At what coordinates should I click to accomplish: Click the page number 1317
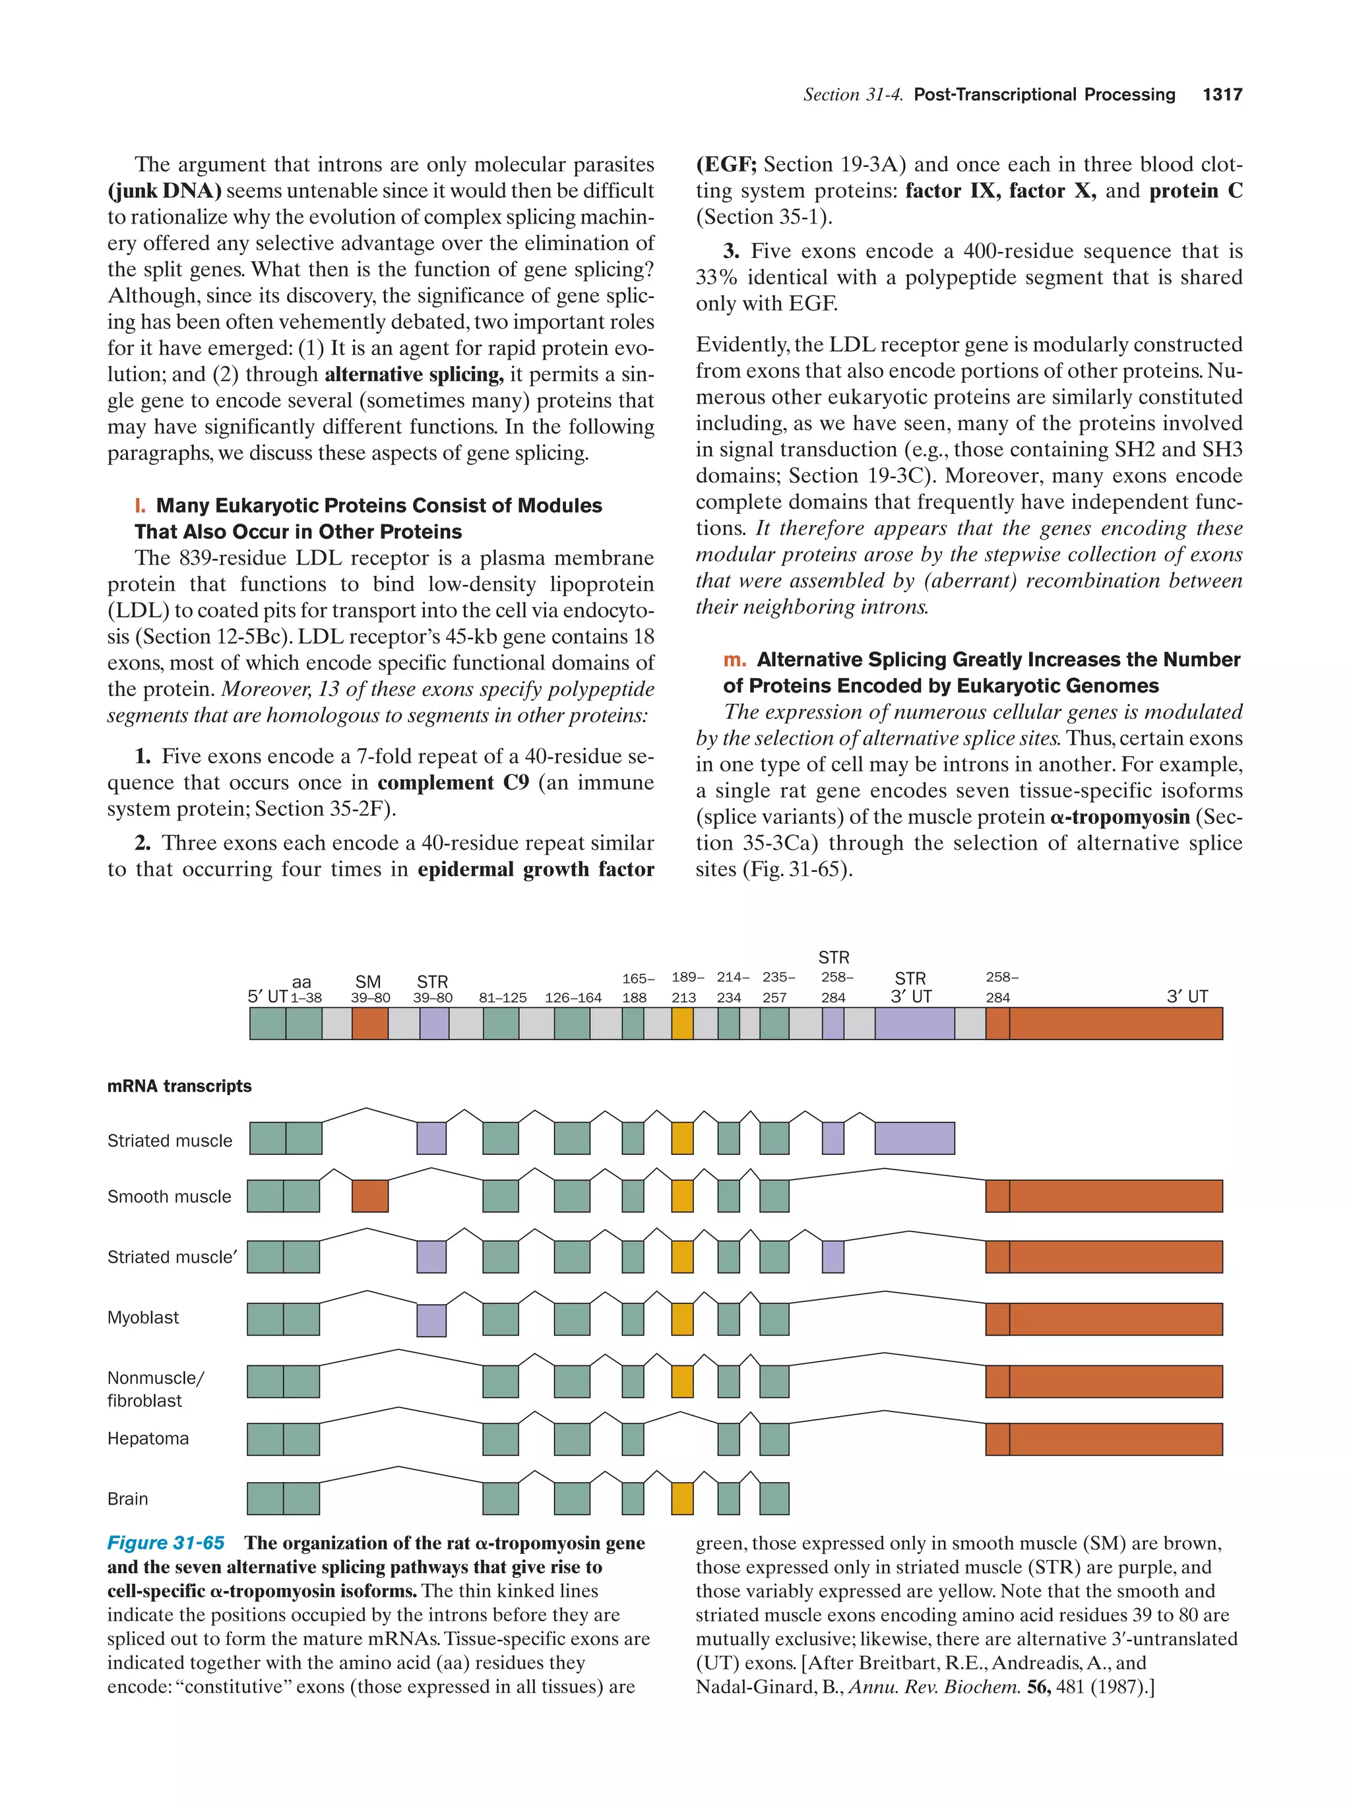(x=1222, y=95)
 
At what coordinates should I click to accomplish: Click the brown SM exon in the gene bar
(x=369, y=1023)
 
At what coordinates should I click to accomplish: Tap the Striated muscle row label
(x=170, y=1140)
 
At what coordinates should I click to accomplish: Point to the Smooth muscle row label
(x=169, y=1196)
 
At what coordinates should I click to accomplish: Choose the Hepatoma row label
(x=148, y=1438)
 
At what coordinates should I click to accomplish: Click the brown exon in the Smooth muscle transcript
(x=369, y=1196)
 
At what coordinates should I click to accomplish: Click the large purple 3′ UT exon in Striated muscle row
(x=914, y=1138)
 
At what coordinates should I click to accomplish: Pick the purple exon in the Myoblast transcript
(x=431, y=1320)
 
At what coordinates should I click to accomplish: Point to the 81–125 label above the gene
(x=503, y=997)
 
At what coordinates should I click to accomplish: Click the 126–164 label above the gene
(x=573, y=997)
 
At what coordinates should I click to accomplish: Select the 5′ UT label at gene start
(x=267, y=997)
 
